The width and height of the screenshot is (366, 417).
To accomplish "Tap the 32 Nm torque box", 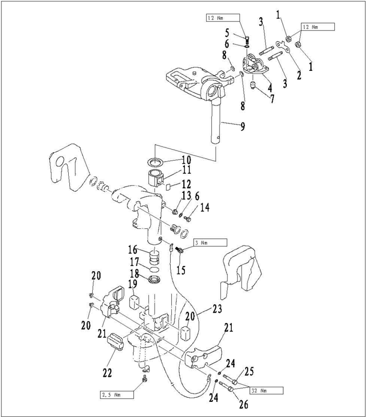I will (x=264, y=390).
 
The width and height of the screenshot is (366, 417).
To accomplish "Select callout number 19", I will (x=132, y=285).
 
